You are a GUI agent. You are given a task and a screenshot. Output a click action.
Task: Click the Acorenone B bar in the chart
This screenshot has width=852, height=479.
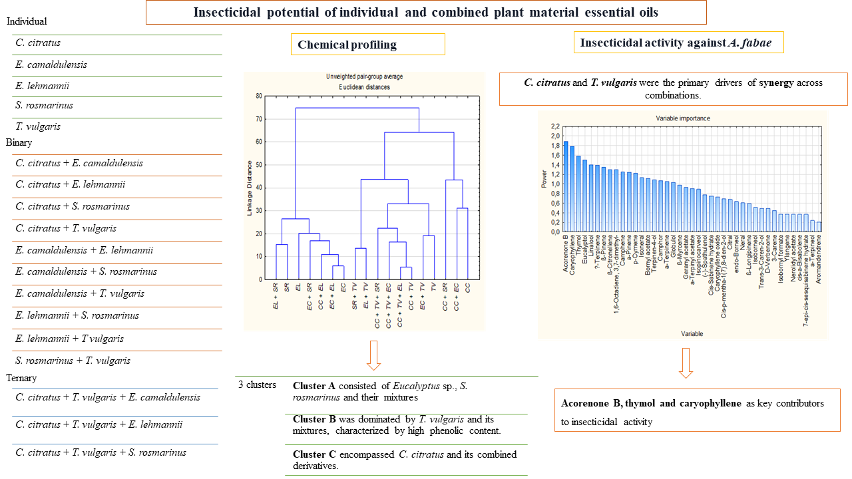point(566,187)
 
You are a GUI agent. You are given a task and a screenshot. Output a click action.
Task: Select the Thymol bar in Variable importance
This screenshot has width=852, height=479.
point(579,194)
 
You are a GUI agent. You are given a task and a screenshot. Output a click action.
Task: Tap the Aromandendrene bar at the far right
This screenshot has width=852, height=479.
point(819,227)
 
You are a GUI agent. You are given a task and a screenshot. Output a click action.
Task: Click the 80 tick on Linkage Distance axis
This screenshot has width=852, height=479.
point(258,96)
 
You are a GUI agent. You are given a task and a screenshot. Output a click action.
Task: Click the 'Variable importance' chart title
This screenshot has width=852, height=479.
point(683,118)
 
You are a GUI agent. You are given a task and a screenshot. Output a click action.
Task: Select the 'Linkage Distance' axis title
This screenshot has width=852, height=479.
point(250,188)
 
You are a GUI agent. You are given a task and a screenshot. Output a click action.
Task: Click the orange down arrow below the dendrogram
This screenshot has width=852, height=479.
point(373,355)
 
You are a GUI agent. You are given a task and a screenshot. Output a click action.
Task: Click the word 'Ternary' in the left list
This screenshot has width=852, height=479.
point(21,378)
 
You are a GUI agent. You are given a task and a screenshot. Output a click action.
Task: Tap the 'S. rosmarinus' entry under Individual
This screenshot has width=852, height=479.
point(44,105)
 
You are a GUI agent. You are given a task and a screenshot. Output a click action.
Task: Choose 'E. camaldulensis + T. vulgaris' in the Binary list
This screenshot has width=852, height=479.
point(80,293)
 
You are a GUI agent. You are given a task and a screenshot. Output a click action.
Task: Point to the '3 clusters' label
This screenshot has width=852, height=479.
point(256,385)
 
